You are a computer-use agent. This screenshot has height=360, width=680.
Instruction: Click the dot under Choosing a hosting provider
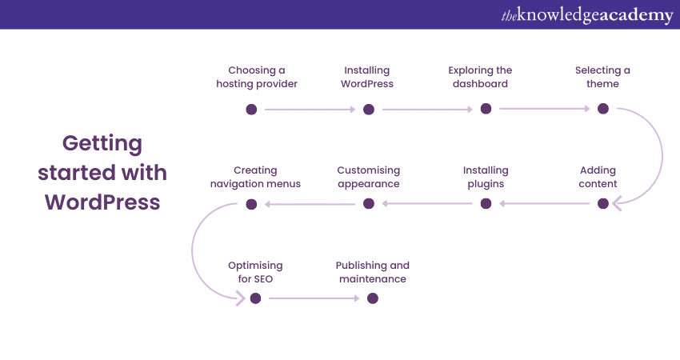(251, 109)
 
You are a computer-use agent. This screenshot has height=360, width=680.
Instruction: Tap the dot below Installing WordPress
(369, 109)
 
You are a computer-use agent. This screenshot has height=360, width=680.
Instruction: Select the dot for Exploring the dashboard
(486, 109)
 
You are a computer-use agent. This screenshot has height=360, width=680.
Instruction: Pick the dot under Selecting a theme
(603, 109)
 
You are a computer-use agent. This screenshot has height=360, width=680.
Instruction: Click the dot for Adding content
(603, 204)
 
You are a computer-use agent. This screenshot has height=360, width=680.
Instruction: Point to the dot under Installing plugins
(486, 204)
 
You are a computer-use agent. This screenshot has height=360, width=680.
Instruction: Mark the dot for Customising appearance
(369, 204)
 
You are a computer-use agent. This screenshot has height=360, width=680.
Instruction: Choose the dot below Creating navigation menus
(251, 204)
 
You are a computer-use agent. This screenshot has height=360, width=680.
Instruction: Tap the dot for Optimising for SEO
(255, 298)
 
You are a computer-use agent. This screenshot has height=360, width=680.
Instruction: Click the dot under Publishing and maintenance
(372, 298)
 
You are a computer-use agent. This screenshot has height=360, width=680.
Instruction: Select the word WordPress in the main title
(102, 202)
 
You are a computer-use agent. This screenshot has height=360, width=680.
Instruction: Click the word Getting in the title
(102, 144)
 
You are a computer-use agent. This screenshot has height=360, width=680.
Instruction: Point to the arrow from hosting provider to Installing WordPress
(310, 109)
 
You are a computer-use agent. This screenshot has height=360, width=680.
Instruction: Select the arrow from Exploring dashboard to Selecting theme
(544, 109)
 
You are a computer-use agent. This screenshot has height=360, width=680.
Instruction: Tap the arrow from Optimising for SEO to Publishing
(314, 298)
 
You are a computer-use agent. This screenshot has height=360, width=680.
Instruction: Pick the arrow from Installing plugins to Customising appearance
(427, 204)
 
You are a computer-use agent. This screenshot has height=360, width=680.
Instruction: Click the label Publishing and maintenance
(372, 272)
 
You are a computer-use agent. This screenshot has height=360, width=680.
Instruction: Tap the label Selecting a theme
(602, 77)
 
